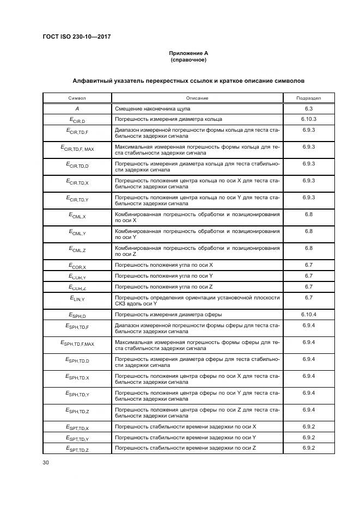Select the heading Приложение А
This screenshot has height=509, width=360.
click(x=188, y=53)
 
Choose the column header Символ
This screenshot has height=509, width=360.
click(x=77, y=98)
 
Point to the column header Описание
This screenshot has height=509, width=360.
click(x=197, y=98)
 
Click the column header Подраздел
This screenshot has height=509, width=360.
click(x=308, y=98)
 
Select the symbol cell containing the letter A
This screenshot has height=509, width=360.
click(x=77, y=109)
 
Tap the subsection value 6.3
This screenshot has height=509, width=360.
click(x=308, y=109)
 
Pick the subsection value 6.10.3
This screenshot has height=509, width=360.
click(x=308, y=119)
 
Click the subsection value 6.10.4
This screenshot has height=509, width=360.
click(x=308, y=315)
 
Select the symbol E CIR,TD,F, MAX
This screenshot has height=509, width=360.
click(x=77, y=148)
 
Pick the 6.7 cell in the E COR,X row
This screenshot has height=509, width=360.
click(x=308, y=265)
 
